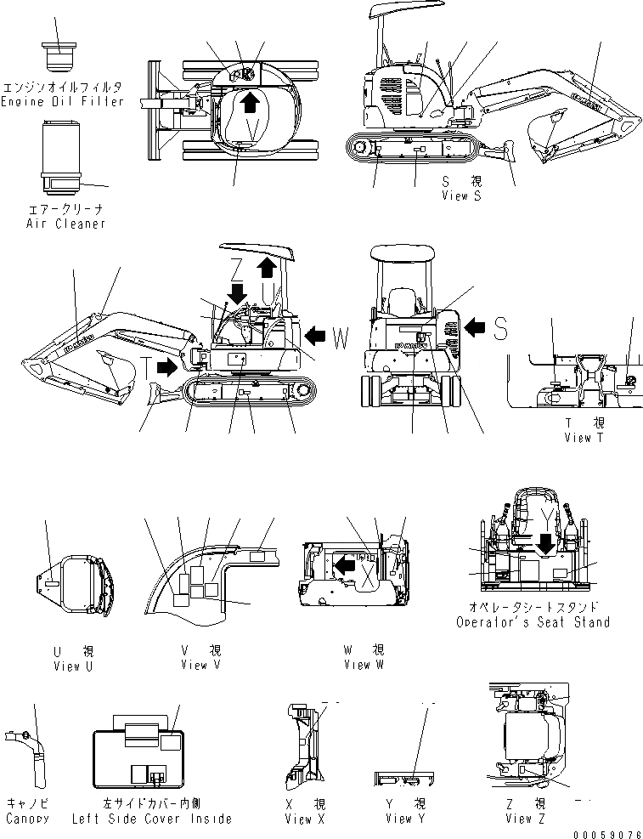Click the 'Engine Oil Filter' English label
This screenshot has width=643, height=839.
coord(62,102)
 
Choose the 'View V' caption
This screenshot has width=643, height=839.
coord(200,665)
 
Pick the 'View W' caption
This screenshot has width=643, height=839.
coord(363,665)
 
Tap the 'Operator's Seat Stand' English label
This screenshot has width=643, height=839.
coord(533,621)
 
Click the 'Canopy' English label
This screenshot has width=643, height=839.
coord(26,819)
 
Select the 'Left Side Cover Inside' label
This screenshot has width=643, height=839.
coord(164,819)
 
